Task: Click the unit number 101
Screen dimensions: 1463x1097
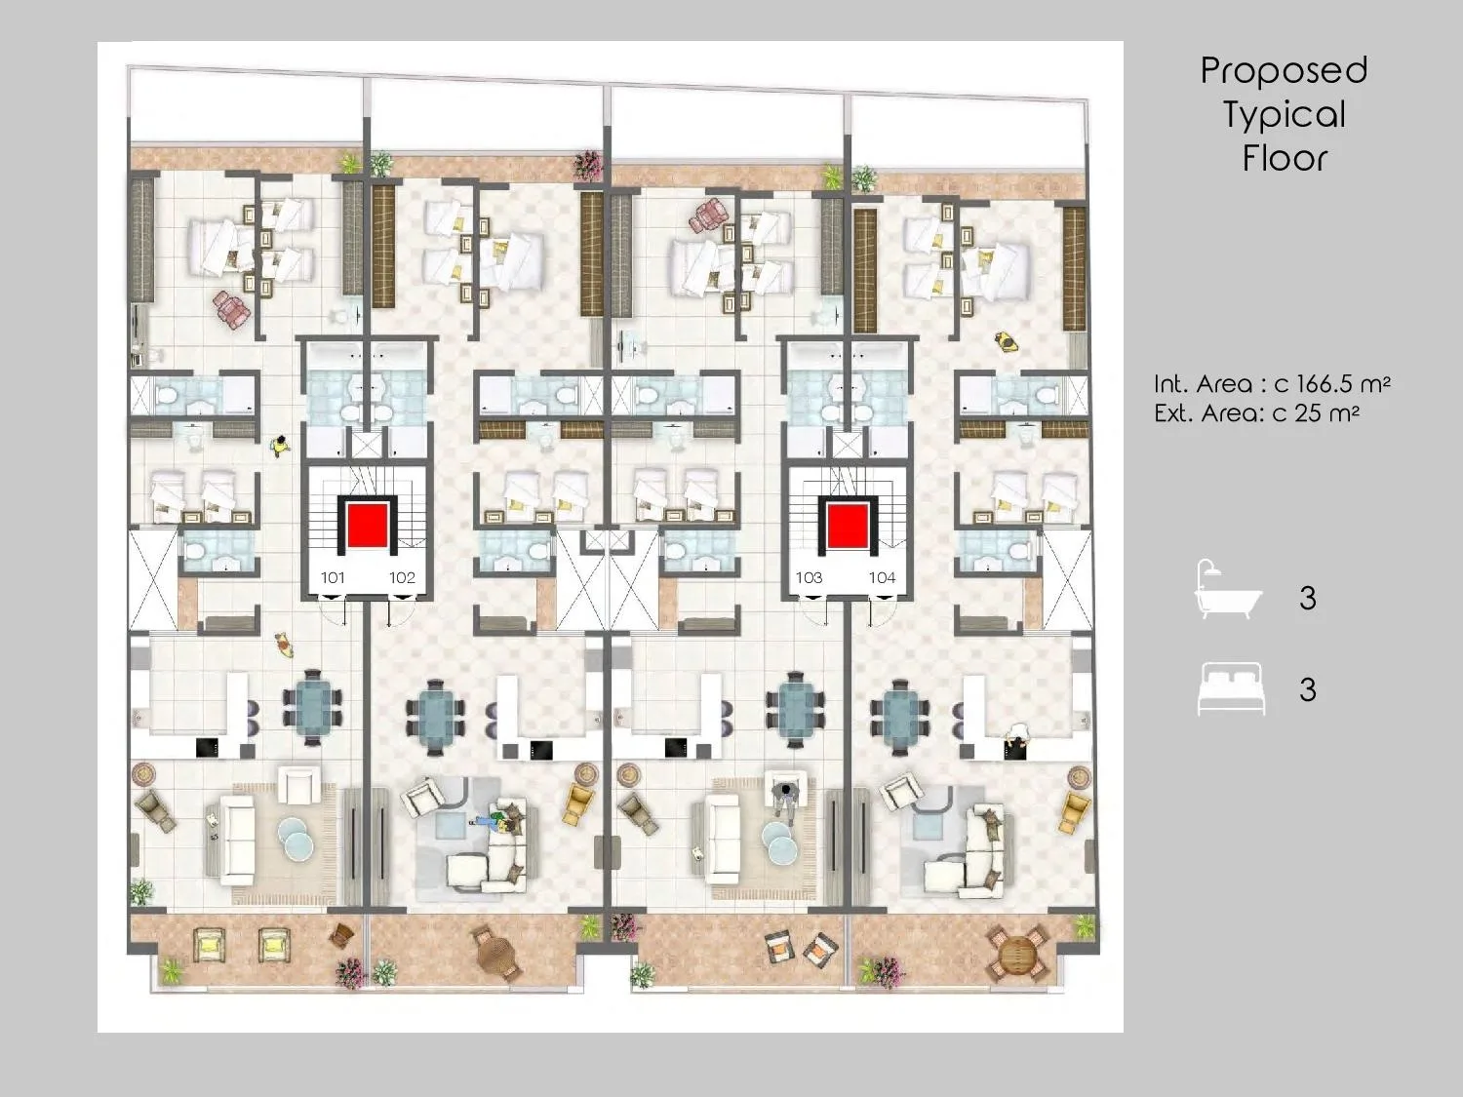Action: [x=333, y=578]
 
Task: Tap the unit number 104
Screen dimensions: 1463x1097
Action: [x=882, y=578]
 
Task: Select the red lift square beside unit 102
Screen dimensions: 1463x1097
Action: [x=368, y=526]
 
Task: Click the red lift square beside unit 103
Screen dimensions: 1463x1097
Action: [x=848, y=526]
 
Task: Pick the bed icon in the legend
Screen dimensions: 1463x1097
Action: [x=1231, y=689]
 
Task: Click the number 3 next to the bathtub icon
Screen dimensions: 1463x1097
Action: [x=1307, y=598]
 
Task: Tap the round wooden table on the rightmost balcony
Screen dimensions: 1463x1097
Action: [x=1018, y=953]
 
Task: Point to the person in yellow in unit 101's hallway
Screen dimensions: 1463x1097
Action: [x=281, y=447]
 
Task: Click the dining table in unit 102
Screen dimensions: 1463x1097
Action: [x=435, y=718]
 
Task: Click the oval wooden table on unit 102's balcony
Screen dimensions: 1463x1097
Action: [x=496, y=953]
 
